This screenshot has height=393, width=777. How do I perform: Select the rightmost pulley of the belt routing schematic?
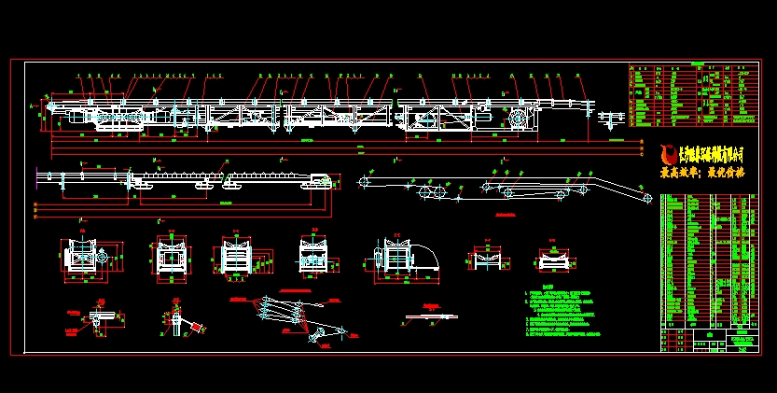(645, 197)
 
